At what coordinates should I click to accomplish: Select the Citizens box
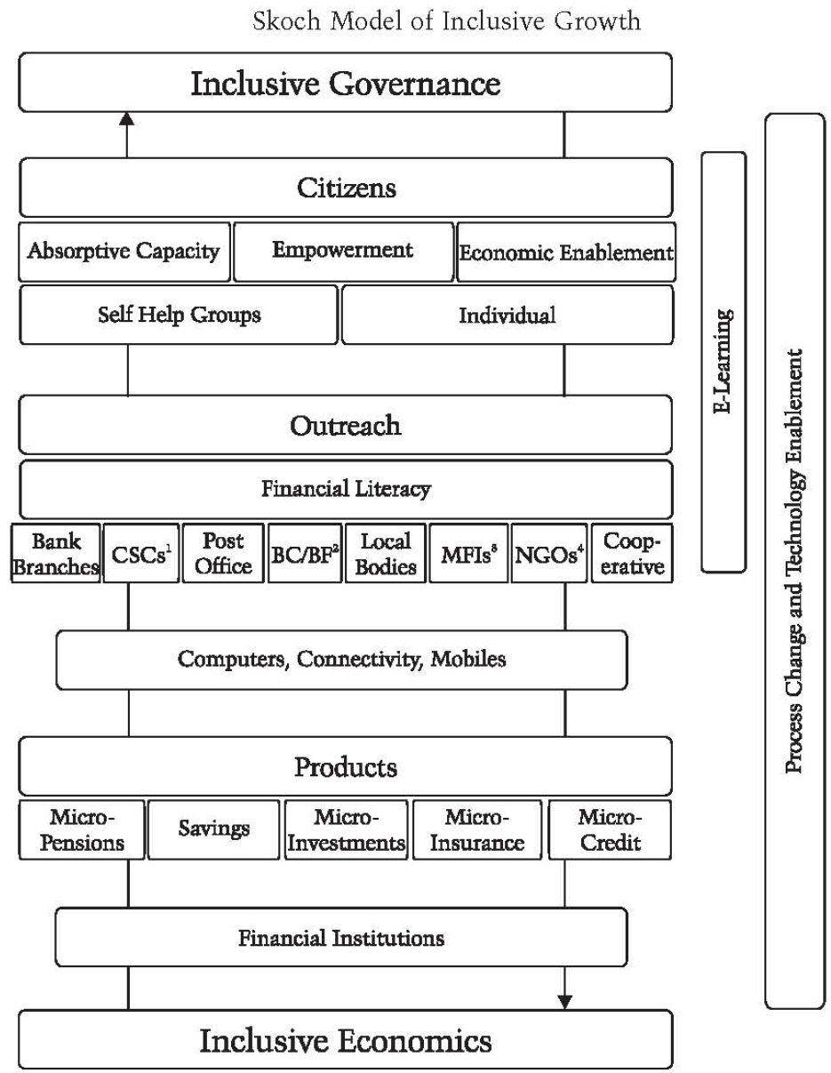346,188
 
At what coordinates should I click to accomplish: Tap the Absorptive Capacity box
124,252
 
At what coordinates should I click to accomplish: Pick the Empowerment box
342,251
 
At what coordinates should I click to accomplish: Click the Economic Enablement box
565,252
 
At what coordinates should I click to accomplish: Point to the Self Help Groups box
179,315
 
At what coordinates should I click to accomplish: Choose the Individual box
507,315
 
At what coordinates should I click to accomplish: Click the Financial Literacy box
346,488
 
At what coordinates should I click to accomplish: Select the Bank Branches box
56,554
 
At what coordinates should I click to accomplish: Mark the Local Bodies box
387,554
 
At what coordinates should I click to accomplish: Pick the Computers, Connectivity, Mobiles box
341,660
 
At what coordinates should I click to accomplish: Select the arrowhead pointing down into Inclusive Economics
564,1002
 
